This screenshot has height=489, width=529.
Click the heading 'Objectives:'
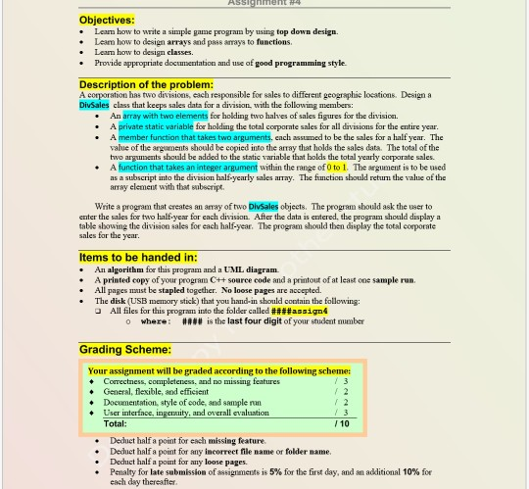click(107, 20)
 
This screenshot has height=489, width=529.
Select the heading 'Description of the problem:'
click(146, 85)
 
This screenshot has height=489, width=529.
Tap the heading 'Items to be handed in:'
click(138, 258)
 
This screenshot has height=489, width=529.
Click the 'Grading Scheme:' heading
click(125, 350)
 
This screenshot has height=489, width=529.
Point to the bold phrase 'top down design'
click(307, 31)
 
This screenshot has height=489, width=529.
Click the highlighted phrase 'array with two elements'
click(165, 116)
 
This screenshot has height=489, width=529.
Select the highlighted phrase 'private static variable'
click(156, 126)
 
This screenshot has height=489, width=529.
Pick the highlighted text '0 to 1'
click(336, 168)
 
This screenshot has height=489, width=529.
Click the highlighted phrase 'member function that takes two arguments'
click(194, 137)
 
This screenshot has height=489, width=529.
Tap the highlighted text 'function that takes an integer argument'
click(187, 168)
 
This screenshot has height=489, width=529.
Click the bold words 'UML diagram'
click(250, 269)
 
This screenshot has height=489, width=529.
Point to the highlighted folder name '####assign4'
click(299, 311)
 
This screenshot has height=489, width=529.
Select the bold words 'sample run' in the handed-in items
click(392, 280)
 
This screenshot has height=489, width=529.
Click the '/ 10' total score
click(341, 423)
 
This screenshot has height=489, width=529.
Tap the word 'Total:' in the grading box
click(115, 423)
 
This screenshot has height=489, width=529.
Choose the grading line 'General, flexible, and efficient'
click(156, 392)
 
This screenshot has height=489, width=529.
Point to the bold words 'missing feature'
click(236, 441)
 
